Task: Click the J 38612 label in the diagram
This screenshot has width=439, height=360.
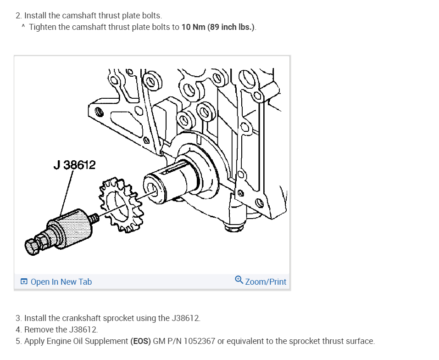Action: click(x=74, y=165)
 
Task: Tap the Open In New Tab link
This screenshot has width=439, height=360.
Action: click(x=61, y=281)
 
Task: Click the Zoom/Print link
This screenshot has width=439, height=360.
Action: click(x=266, y=281)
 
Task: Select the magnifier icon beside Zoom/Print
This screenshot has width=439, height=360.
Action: click(x=239, y=280)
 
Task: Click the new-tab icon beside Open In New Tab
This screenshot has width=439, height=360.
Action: click(x=24, y=281)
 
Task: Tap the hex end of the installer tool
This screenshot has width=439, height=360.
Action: click(x=33, y=248)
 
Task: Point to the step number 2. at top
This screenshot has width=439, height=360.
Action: click(x=18, y=16)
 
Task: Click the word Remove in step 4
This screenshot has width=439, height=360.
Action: click(x=39, y=330)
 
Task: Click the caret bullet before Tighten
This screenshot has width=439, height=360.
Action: click(x=23, y=27)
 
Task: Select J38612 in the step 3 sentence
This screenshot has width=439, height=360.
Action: click(x=186, y=318)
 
